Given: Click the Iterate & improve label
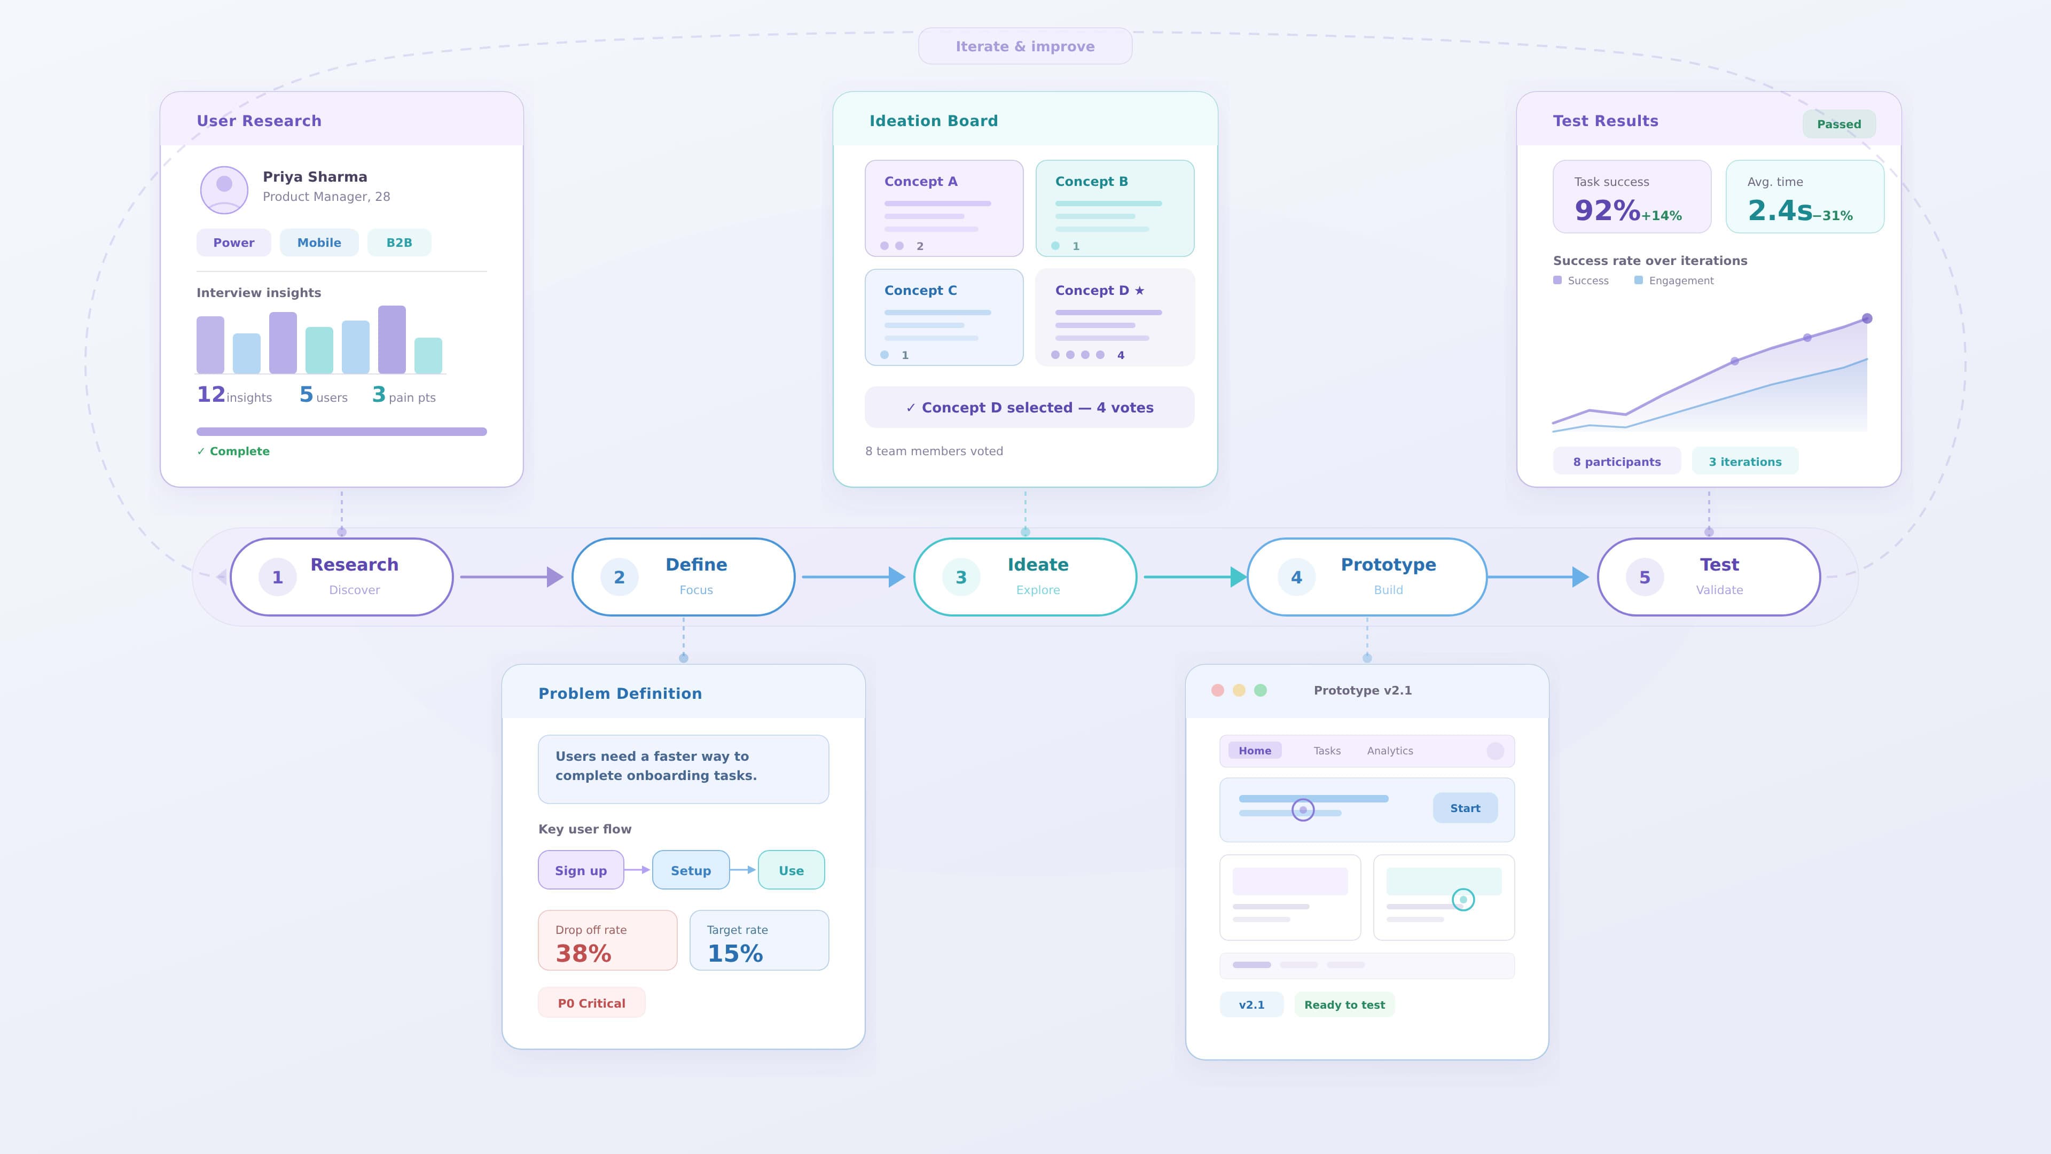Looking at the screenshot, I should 1025,46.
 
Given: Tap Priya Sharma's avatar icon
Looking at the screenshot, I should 224,190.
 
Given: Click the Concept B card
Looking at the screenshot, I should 1115,208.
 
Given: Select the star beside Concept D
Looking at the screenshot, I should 1139,291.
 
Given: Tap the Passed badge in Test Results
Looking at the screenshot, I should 1838,124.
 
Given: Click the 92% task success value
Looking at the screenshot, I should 1607,211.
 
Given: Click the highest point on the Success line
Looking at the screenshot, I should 1866,318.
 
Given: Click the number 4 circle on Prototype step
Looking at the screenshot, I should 1296,578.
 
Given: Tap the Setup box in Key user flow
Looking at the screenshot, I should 690,870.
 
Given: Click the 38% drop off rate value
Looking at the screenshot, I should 584,953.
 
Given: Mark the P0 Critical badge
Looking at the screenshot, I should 592,1003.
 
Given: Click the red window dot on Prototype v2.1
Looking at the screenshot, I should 1217,690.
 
